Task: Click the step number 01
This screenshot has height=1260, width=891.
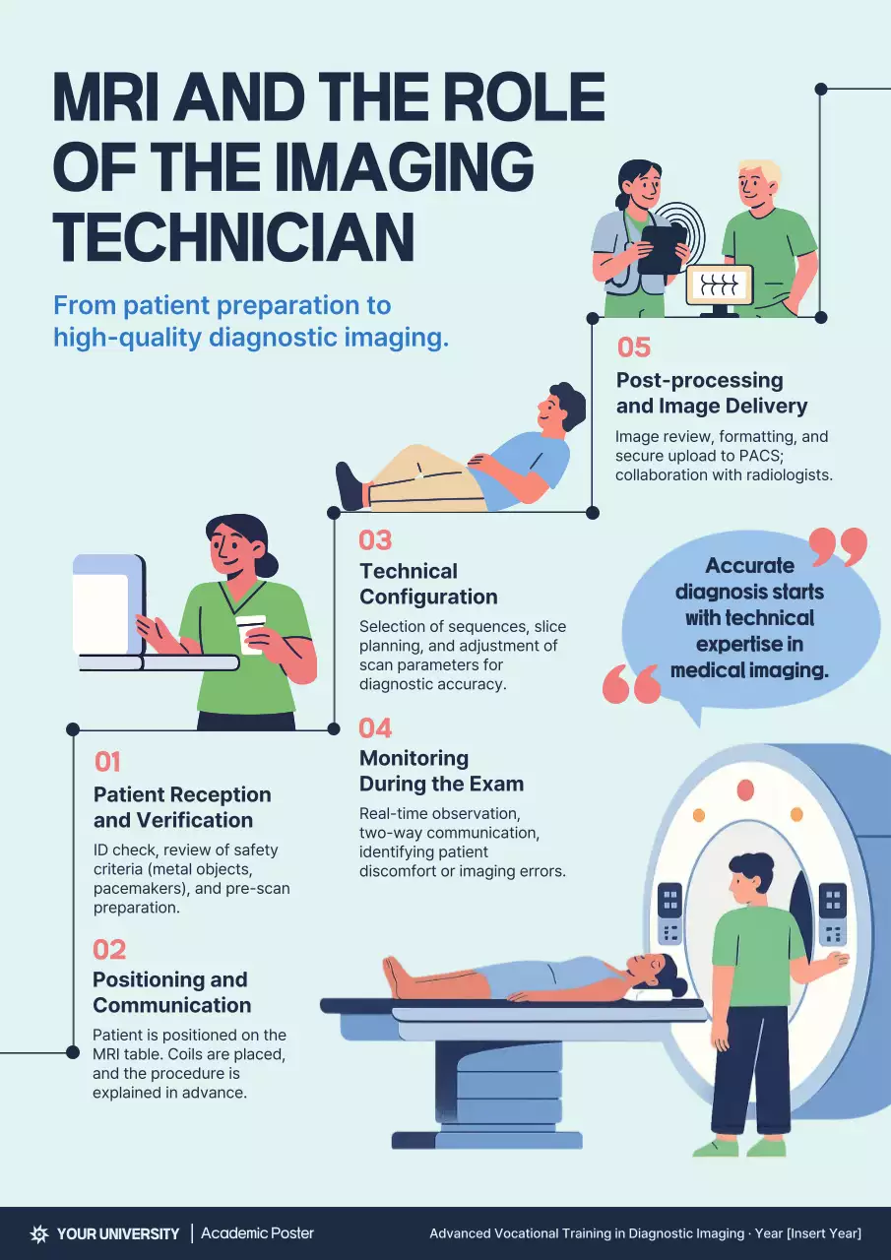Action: point(107,761)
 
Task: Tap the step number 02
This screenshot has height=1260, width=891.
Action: point(109,949)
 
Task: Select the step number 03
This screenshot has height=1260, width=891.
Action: point(375,539)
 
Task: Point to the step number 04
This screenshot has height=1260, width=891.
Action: point(375,727)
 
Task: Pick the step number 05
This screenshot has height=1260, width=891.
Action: point(634,347)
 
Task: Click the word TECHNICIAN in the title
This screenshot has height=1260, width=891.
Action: point(233,236)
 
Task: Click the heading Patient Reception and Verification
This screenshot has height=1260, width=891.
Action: point(182,807)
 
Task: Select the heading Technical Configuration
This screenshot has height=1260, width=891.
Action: point(428,584)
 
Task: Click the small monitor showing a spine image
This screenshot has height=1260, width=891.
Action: point(719,285)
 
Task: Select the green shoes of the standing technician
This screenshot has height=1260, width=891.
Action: point(740,1147)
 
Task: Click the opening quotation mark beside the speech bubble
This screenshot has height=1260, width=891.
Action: point(631,684)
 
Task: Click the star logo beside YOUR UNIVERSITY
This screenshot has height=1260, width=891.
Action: point(39,1233)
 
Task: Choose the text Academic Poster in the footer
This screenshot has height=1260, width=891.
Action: point(257,1233)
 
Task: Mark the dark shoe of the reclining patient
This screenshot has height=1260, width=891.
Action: point(350,486)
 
